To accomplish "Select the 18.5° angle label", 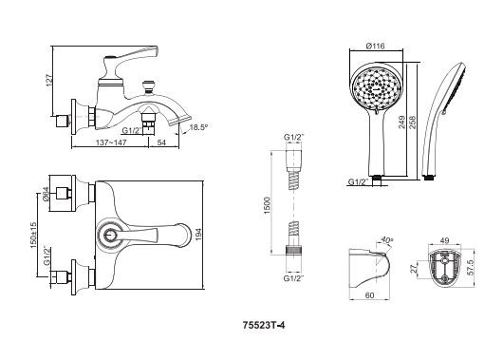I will pos(197,127).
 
